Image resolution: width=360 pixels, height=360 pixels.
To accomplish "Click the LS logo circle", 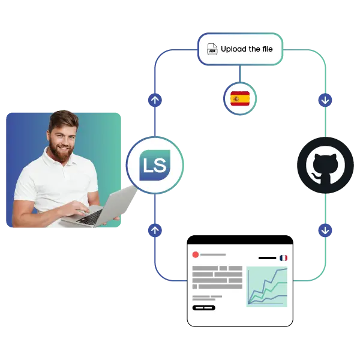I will [155, 164].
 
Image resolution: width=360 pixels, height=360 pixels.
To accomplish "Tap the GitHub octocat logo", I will [325, 165].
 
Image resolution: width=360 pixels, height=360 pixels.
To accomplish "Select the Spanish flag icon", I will [240, 98].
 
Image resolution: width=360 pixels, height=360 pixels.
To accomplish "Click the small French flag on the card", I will [283, 258].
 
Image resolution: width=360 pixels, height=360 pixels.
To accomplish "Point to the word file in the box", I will [267, 49].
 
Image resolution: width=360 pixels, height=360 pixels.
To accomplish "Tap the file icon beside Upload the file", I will [211, 49].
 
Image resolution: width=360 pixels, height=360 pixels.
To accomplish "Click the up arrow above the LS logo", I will [155, 100].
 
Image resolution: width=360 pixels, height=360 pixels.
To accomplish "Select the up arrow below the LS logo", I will [155, 230].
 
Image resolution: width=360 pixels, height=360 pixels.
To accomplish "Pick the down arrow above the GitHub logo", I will [325, 100].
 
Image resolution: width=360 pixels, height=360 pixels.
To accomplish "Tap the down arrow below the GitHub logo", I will [325, 230].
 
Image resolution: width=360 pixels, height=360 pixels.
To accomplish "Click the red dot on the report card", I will [196, 254].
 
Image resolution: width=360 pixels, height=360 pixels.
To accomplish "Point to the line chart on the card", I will [267, 286].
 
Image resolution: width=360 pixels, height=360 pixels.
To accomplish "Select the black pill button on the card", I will [203, 308].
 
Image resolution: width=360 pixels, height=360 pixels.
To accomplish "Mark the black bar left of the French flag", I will [267, 258].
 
